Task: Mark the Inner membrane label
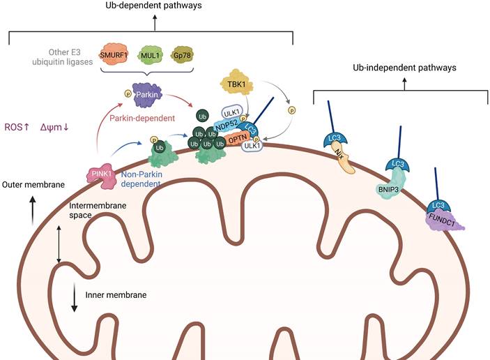click(x=116, y=294)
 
